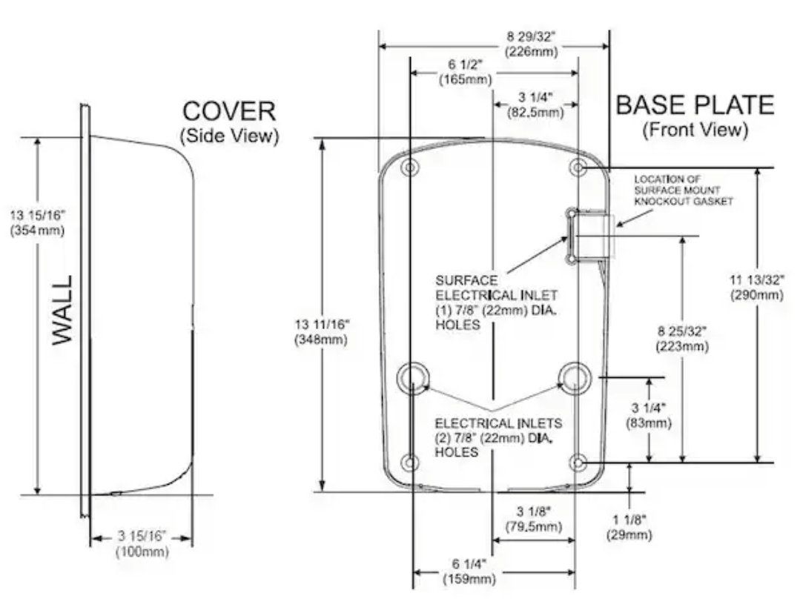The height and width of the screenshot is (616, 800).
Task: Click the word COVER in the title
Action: [229, 111]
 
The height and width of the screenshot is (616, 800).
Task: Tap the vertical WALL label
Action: [63, 310]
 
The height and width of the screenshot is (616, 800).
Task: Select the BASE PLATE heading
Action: [695, 105]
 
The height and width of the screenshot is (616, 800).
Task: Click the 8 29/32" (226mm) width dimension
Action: [531, 44]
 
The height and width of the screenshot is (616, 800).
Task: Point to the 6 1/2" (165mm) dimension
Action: [466, 73]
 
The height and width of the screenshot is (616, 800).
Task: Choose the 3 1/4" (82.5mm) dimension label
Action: [535, 105]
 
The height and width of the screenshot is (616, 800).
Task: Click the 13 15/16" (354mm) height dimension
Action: [37, 223]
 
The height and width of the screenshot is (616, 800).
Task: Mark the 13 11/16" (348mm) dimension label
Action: [322, 332]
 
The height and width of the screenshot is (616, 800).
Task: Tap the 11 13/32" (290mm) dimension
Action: [757, 287]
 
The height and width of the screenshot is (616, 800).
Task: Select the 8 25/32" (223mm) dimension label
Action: [682, 339]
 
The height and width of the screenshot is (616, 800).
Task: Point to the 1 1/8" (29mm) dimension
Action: [629, 527]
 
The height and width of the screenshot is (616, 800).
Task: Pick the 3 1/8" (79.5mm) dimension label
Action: [533, 519]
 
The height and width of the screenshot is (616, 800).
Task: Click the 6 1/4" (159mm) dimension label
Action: [469, 571]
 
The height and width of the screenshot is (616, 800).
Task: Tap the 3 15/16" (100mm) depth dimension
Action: [142, 543]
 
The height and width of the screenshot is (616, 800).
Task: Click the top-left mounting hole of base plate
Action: [410, 168]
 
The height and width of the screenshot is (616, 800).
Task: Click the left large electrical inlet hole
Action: [412, 377]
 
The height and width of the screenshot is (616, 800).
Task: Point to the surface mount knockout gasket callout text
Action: [683, 191]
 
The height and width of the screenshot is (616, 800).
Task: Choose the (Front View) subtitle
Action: [695, 130]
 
